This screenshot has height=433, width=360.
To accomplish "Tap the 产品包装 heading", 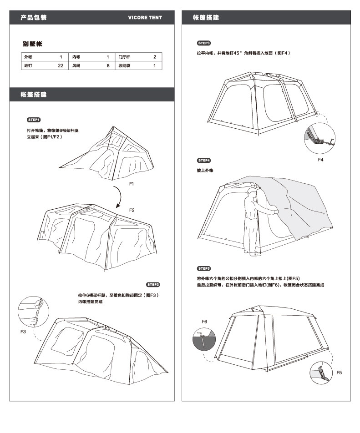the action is click(34, 18).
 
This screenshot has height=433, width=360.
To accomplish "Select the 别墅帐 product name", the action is click(33, 44).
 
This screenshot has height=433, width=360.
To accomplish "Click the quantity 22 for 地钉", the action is click(61, 65).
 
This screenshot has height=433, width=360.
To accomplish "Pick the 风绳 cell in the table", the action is click(76, 65).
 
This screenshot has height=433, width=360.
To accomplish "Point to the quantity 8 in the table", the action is click(108, 65).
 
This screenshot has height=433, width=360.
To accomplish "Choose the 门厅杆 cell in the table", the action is click(124, 57).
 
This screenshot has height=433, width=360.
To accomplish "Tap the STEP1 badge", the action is click(34, 120).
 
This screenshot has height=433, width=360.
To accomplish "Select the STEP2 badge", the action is click(153, 285).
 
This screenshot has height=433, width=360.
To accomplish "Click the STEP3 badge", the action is click(203, 43).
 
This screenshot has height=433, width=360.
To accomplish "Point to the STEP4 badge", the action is click(203, 161).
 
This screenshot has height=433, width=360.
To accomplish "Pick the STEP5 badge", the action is click(203, 268).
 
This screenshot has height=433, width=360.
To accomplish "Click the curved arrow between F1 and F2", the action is click(118, 196).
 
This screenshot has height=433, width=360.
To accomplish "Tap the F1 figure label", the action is click(132, 183).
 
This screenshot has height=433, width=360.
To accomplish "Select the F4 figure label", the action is click(320, 160).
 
